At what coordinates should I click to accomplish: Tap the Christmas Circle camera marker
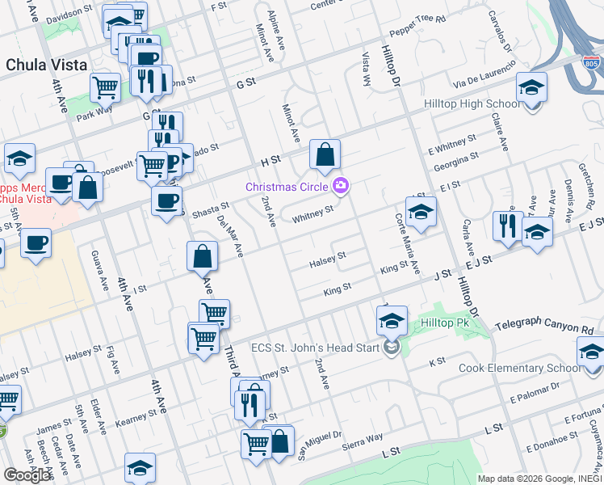pyautogui.click(x=341, y=187)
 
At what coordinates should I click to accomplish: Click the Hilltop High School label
pyautogui.click(x=472, y=104)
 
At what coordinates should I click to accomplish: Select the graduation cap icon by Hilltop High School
pyautogui.click(x=532, y=87)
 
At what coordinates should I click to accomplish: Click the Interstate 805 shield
pyautogui.click(x=592, y=61)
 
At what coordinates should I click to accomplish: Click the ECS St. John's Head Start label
pyautogui.click(x=321, y=348)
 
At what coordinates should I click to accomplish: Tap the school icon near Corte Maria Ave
pyautogui.click(x=421, y=213)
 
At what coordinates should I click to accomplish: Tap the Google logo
pyautogui.click(x=27, y=475)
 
